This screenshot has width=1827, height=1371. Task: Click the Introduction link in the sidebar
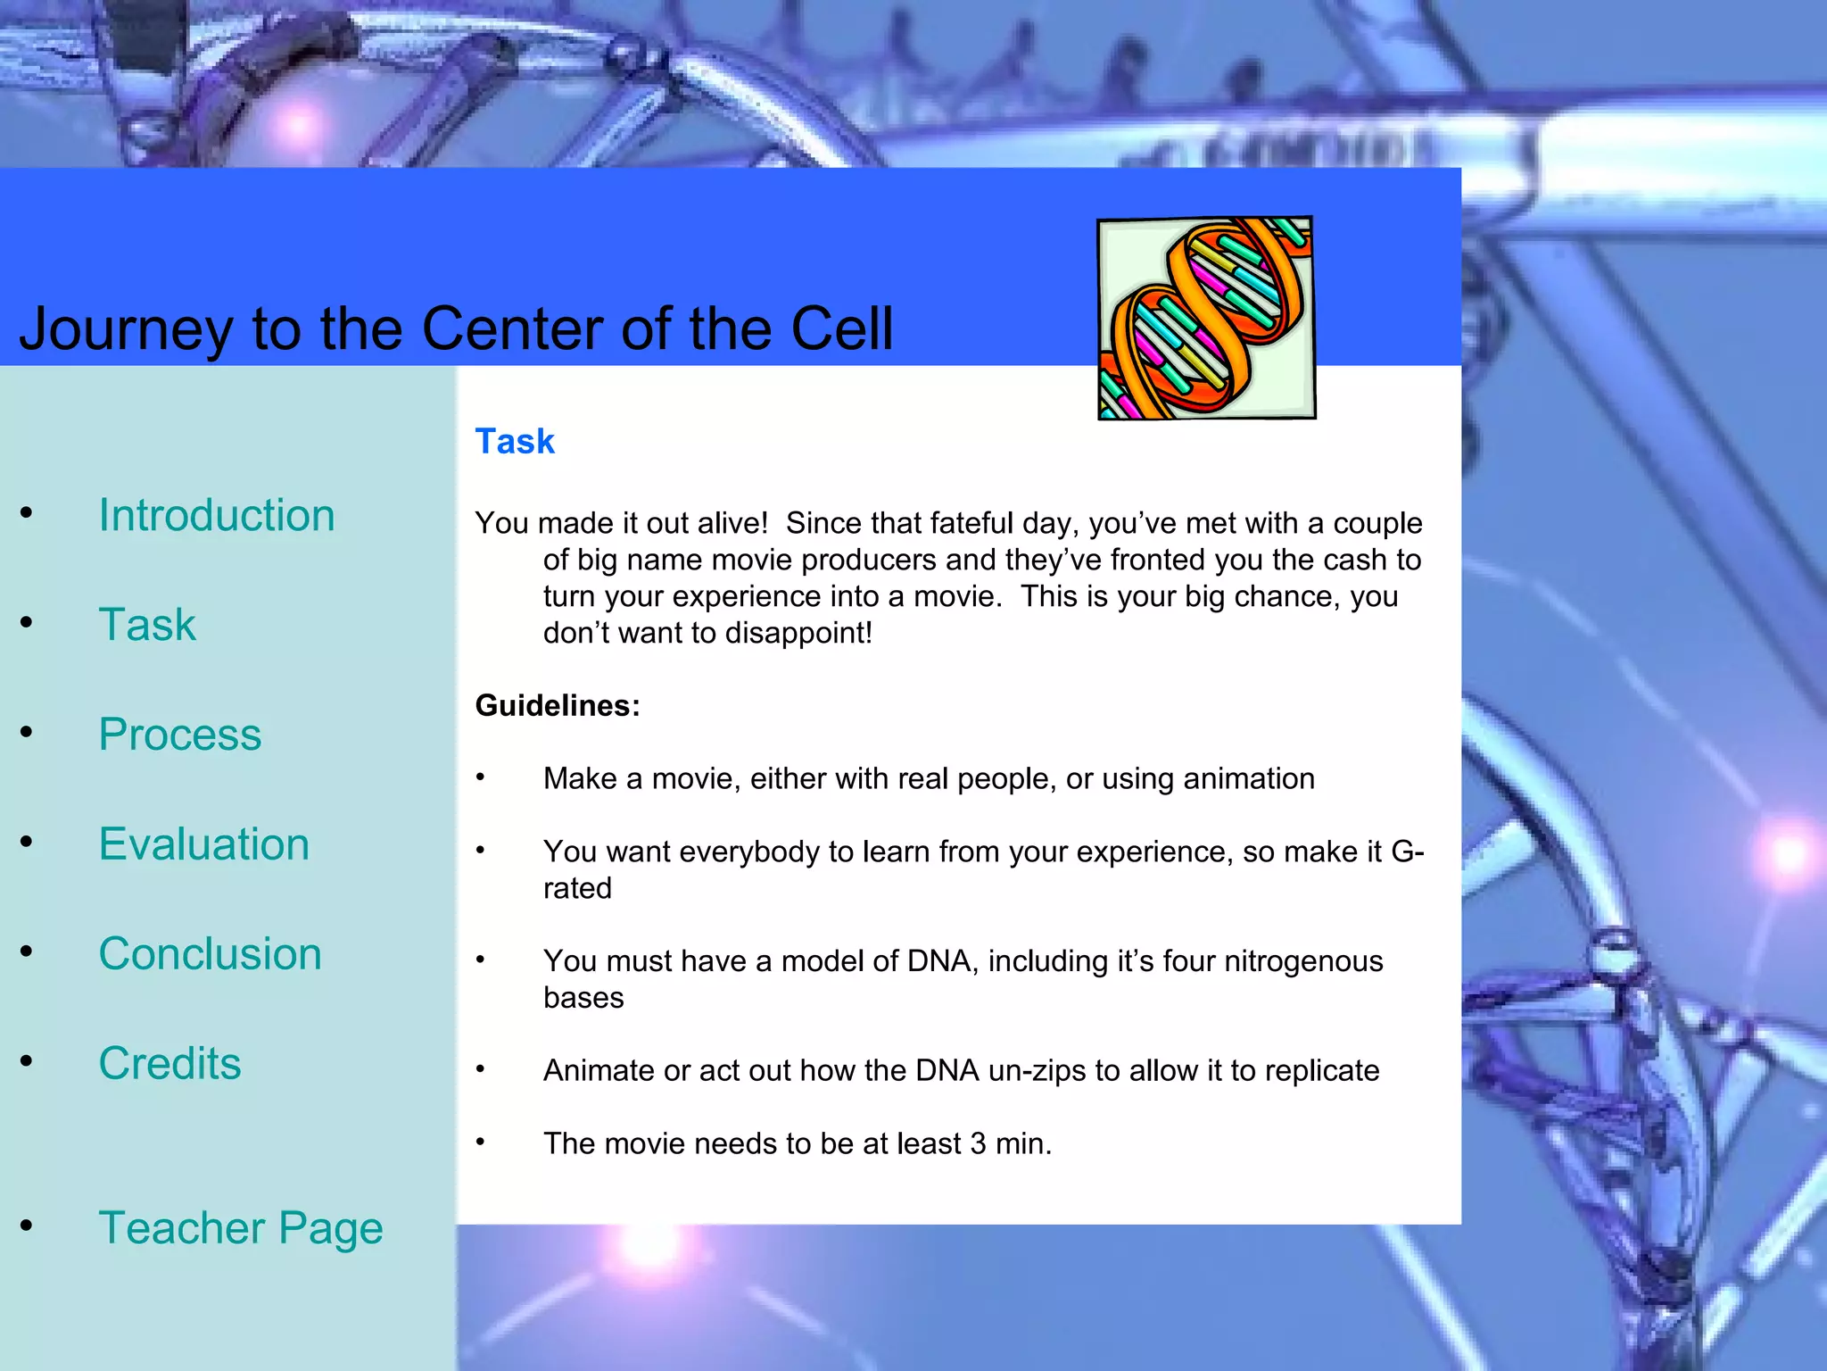[216, 515]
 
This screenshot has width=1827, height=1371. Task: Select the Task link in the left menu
[147, 624]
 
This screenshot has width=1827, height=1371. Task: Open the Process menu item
[179, 734]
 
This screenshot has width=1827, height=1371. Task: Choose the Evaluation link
[203, 843]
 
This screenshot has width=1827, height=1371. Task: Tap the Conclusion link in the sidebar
[210, 953]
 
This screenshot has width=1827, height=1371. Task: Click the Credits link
[169, 1063]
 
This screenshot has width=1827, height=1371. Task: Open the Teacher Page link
[240, 1227]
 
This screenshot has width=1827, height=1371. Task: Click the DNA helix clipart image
[1206, 318]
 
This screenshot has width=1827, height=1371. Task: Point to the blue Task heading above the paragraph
[515, 441]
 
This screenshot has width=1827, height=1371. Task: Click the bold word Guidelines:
[558, 705]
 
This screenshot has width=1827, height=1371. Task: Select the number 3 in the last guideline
[978, 1143]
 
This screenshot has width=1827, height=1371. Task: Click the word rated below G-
[577, 888]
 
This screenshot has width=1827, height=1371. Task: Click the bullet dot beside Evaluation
[27, 842]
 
